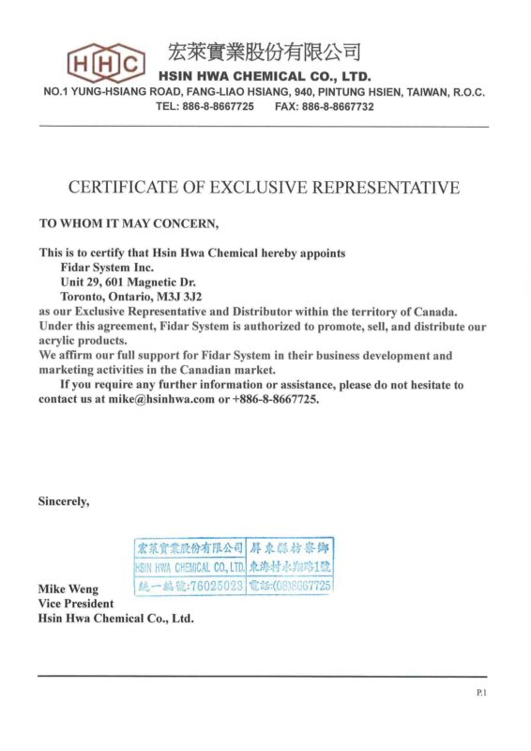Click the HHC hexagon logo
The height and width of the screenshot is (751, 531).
tap(106, 63)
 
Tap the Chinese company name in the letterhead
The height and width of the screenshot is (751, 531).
tap(264, 52)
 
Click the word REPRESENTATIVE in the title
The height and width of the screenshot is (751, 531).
tap(385, 188)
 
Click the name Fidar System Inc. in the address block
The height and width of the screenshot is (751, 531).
tap(106, 268)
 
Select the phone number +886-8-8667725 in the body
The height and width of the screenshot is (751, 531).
tap(274, 399)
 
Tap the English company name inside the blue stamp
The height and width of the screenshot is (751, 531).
tap(190, 567)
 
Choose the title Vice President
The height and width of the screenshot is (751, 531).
tap(76, 604)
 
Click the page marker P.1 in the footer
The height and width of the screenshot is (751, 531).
tap(481, 692)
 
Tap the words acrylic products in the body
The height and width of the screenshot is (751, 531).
tap(83, 341)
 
